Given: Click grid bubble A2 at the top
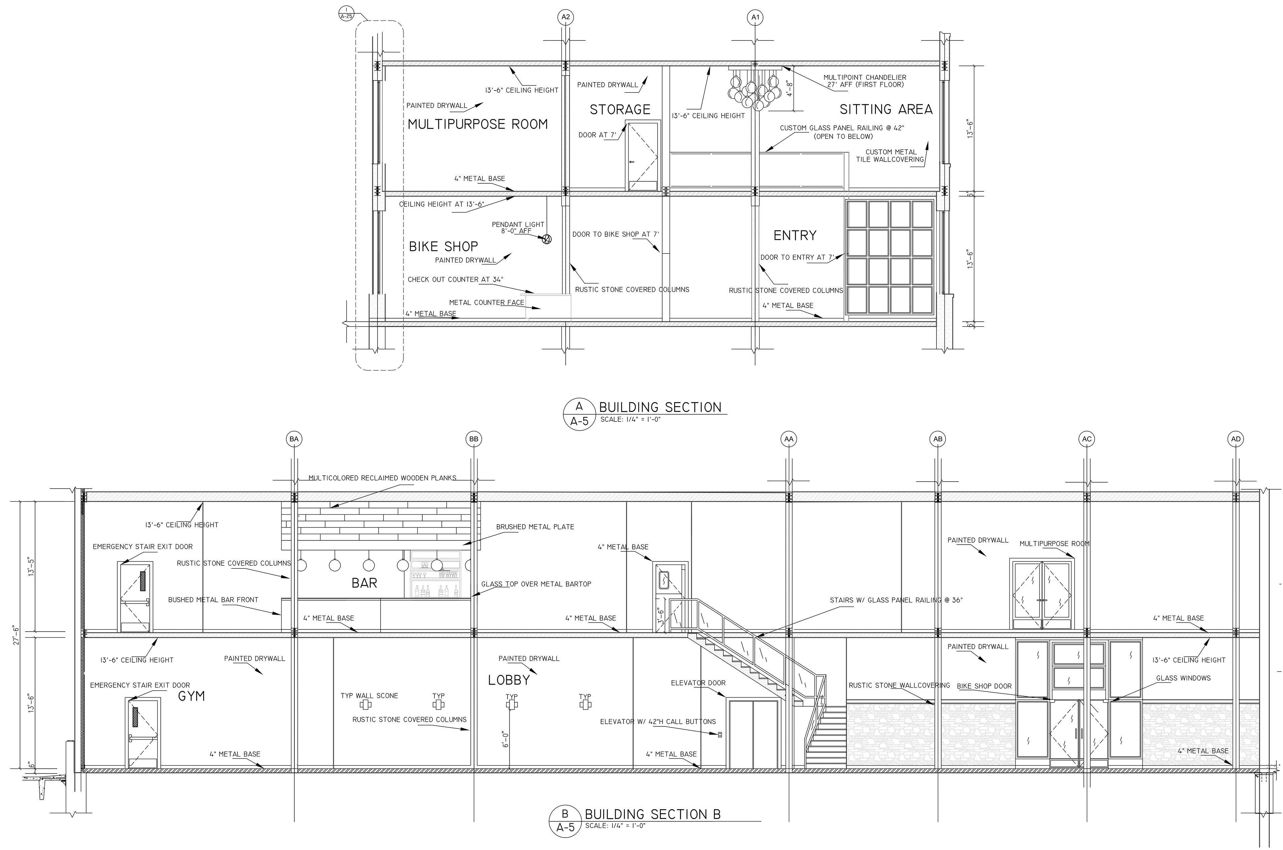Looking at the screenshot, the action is pos(566,17).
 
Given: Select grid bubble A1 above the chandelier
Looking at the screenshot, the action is pos(755,17).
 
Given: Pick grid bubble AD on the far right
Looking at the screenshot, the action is pos(1236,439).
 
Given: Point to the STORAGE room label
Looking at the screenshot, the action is pos(620,110).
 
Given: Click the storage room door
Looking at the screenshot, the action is pos(644,156).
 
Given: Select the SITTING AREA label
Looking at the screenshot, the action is pos(886,110).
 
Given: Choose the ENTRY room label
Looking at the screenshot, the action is pos(795,235).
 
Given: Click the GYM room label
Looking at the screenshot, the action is pos(191,696).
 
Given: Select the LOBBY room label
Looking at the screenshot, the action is pos(509,680).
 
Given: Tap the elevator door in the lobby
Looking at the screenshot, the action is pos(753,733).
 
